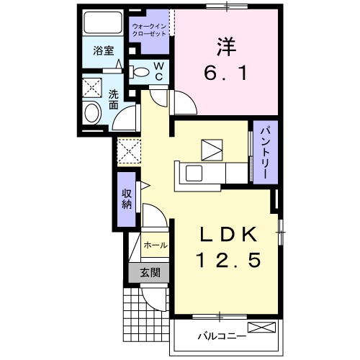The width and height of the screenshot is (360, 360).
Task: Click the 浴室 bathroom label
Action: tap(104, 50)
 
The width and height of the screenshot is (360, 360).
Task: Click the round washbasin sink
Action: tap(93, 112)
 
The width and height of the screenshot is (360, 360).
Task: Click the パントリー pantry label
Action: tap(264, 153)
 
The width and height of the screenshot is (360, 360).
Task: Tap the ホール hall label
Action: tap(156, 246)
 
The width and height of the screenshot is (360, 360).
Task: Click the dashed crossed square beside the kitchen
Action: tap(129, 151)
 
